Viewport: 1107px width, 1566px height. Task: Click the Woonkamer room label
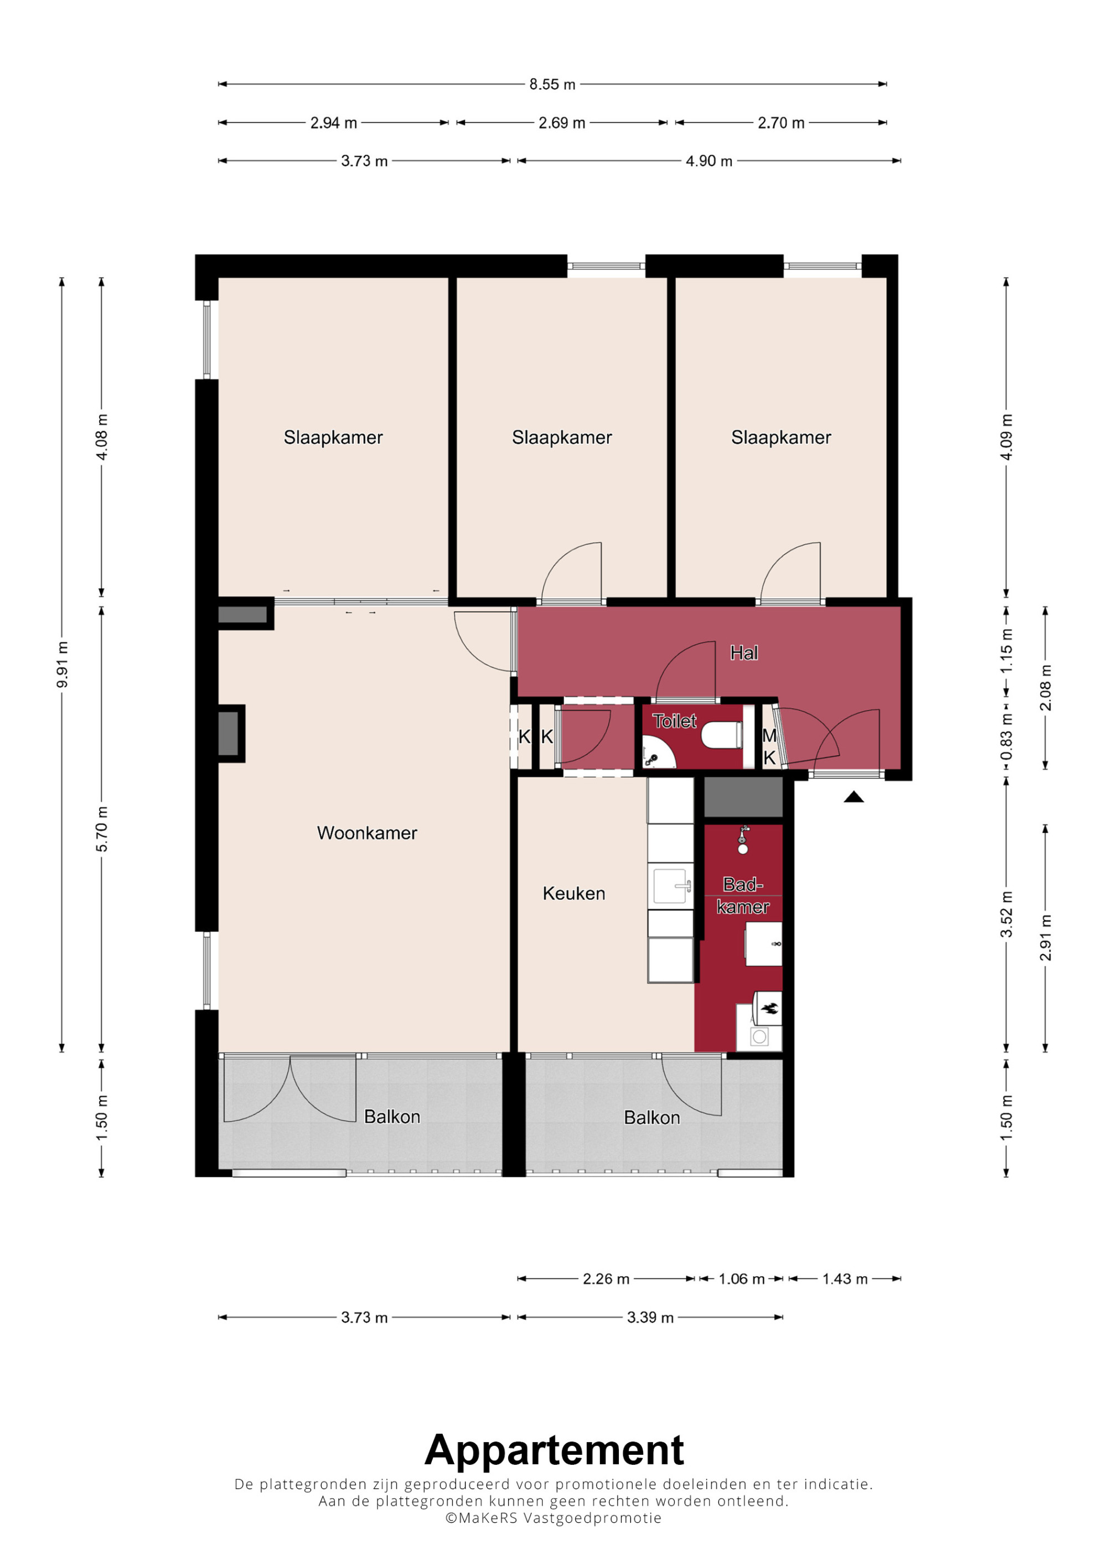tap(367, 833)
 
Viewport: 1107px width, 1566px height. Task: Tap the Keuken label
tap(573, 894)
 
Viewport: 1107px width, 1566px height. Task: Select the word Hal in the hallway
tap(744, 653)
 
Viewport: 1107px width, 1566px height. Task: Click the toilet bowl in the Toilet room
tap(721, 735)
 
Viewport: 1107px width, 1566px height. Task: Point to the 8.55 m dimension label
tap(552, 85)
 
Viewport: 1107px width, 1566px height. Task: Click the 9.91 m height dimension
tap(62, 665)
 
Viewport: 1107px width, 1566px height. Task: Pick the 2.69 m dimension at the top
tap(562, 123)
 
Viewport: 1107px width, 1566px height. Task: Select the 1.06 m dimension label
tap(741, 1279)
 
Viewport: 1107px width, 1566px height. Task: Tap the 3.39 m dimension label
tap(650, 1317)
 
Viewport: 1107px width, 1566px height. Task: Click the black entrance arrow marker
tap(854, 797)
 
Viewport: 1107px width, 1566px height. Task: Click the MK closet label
tap(769, 746)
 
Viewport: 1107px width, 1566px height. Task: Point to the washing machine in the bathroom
tap(759, 1038)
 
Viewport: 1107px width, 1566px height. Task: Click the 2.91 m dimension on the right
tap(1046, 938)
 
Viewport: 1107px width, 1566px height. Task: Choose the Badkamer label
tap(743, 895)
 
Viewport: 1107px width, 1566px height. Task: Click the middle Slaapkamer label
tap(562, 437)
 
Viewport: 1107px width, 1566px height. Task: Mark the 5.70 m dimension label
tap(102, 829)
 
